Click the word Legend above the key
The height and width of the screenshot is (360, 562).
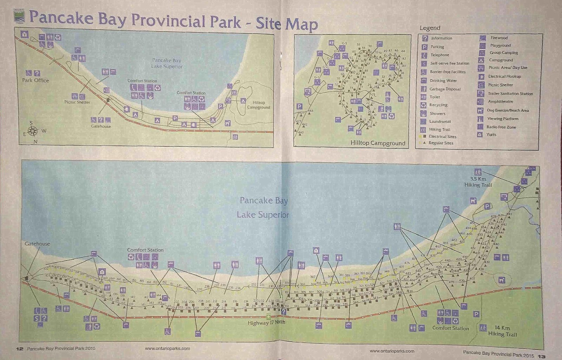(430, 28)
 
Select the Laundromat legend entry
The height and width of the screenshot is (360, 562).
(440, 121)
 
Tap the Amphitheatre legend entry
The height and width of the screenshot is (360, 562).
(500, 102)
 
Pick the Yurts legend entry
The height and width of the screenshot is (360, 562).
(491, 135)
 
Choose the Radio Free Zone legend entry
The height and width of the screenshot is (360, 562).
(501, 127)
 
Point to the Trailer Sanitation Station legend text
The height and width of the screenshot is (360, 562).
(510, 94)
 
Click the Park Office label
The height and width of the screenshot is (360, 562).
(35, 80)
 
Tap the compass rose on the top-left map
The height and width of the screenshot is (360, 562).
(33, 131)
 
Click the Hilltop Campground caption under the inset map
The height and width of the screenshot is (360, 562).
(378, 143)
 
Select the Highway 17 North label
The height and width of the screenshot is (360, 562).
(266, 323)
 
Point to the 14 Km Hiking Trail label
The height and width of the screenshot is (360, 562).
(502, 331)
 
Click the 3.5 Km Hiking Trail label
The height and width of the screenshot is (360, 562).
(478, 182)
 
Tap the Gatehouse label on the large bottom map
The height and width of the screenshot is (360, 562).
(37, 244)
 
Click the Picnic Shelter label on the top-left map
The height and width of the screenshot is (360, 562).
(77, 102)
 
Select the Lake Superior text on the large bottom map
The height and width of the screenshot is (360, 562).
(263, 214)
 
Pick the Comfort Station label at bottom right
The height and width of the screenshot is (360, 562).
(450, 328)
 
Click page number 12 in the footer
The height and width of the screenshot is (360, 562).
(19, 349)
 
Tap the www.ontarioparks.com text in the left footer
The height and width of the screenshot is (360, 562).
(167, 349)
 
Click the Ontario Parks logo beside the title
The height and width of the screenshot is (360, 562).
(19, 16)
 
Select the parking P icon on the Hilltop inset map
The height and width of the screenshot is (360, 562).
(299, 106)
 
